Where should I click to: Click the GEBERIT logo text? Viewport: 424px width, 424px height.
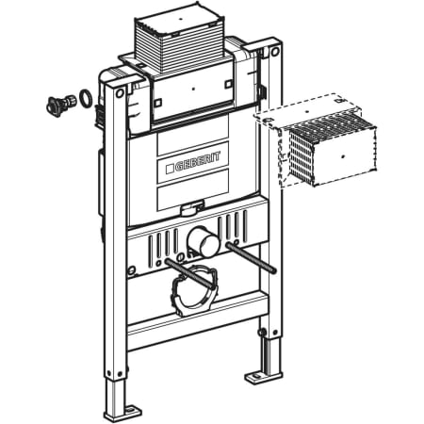197,161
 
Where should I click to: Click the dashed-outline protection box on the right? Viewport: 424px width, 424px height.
316,141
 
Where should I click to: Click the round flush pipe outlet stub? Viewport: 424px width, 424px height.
204,241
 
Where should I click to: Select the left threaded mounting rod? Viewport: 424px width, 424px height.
189,273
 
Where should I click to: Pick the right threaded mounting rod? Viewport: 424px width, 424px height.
252,256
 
